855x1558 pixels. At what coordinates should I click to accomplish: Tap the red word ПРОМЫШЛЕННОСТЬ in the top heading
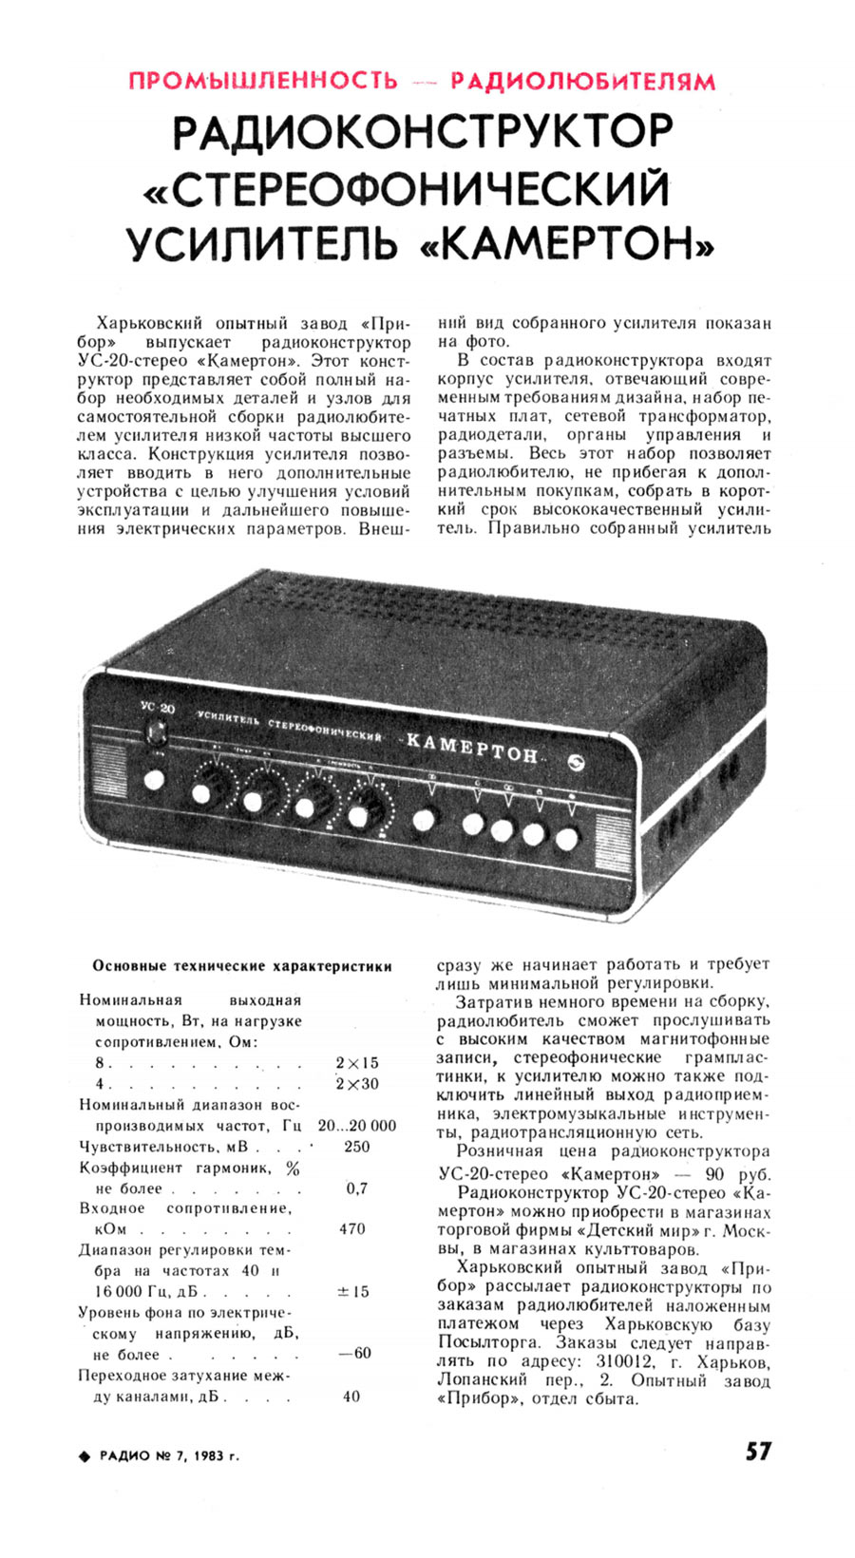pyautogui.click(x=262, y=81)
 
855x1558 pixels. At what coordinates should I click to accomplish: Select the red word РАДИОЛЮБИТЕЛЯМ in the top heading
pyautogui.click(x=583, y=81)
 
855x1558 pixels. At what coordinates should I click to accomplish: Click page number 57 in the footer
pyautogui.click(x=757, y=1452)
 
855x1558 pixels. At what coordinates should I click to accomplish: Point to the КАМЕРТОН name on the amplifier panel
pyautogui.click(x=472, y=749)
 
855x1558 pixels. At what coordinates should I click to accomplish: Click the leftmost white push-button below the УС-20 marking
pyautogui.click(x=153, y=781)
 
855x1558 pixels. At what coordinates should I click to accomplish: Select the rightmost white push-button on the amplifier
pyautogui.click(x=567, y=840)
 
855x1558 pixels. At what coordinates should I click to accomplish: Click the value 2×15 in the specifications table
pyautogui.click(x=357, y=1063)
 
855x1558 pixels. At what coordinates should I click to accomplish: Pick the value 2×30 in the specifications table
pyautogui.click(x=357, y=1084)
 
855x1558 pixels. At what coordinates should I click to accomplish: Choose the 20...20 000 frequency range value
pyautogui.click(x=357, y=1126)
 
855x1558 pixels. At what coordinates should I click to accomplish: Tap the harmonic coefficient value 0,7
pyautogui.click(x=357, y=1188)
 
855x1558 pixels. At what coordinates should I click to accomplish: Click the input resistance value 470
pyautogui.click(x=351, y=1228)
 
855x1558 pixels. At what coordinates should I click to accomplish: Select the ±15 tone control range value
pyautogui.click(x=353, y=1291)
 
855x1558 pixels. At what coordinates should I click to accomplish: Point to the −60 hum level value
pyautogui.click(x=354, y=1353)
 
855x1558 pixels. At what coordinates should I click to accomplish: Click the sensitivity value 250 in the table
pyautogui.click(x=356, y=1147)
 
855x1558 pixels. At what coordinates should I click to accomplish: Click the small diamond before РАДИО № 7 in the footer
pyautogui.click(x=85, y=1455)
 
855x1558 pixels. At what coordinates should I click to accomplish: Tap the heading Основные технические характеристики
pyautogui.click(x=242, y=966)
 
